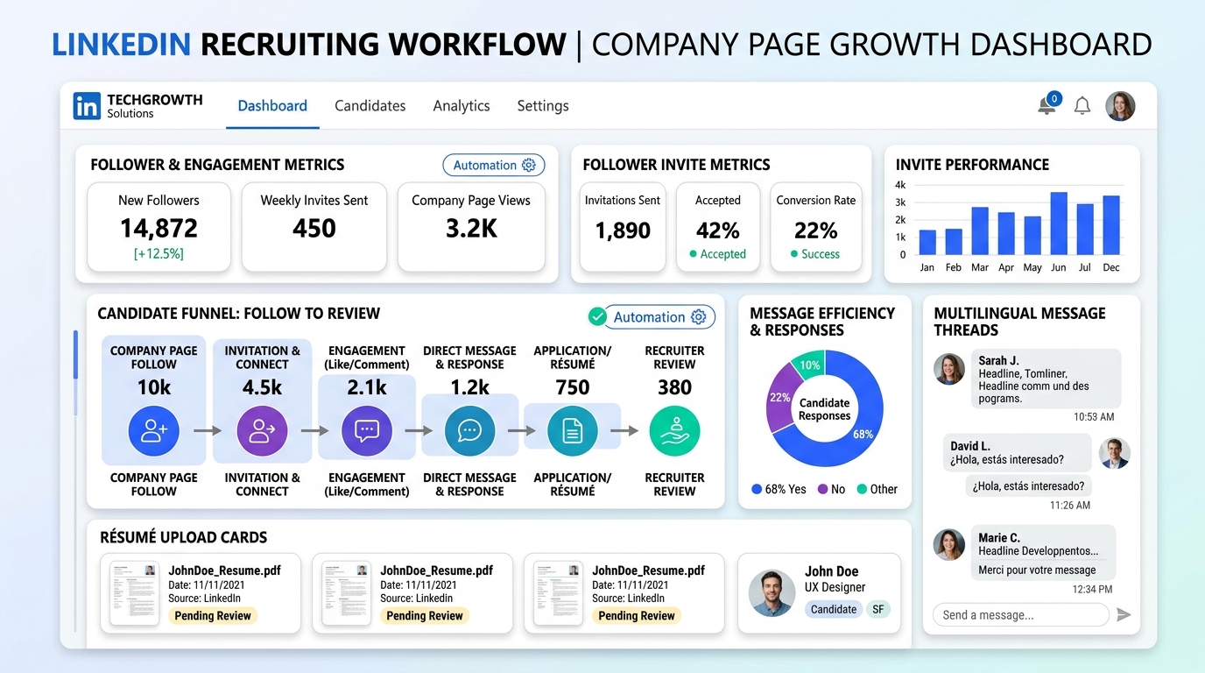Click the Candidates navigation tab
point(370,106)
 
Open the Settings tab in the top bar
point(542,106)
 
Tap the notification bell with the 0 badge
point(1047,106)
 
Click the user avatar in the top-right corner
point(1120,106)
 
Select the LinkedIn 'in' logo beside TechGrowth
point(88,106)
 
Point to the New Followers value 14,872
point(159,229)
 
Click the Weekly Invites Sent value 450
point(314,229)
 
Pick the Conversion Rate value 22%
point(815,230)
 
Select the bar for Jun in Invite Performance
point(1059,223)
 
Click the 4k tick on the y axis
point(900,185)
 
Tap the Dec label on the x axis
point(1110,267)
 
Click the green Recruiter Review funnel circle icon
point(674,431)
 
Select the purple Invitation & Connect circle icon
point(262,431)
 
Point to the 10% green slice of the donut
point(807,365)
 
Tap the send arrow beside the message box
point(1124,615)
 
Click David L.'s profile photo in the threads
point(1114,453)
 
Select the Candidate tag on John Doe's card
point(833,609)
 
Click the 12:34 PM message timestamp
point(1092,590)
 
